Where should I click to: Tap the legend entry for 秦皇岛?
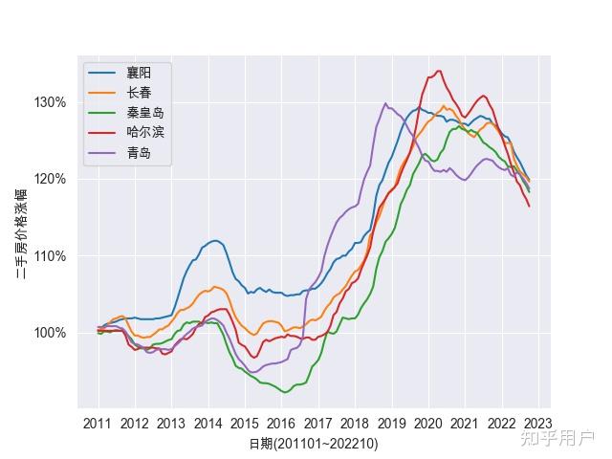[x=144, y=113]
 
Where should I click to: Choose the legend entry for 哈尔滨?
[x=144, y=133]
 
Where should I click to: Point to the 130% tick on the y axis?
[x=51, y=102]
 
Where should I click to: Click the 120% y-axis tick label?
[x=51, y=179]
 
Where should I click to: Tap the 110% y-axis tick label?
[x=51, y=255]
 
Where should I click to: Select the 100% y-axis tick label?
[x=51, y=333]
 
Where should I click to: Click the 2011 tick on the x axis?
[x=98, y=424]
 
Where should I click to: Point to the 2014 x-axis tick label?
[x=208, y=424]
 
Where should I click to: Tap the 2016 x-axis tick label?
[x=281, y=424]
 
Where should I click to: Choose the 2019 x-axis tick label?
[x=391, y=424]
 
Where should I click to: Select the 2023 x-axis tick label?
[x=537, y=424]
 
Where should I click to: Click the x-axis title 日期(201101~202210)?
[x=314, y=444]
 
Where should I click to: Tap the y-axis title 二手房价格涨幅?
[x=21, y=233]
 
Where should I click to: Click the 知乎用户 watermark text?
[x=557, y=438]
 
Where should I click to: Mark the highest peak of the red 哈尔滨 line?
[x=438, y=70]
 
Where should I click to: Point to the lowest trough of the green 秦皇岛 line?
[x=284, y=392]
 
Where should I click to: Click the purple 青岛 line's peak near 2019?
[x=385, y=103]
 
